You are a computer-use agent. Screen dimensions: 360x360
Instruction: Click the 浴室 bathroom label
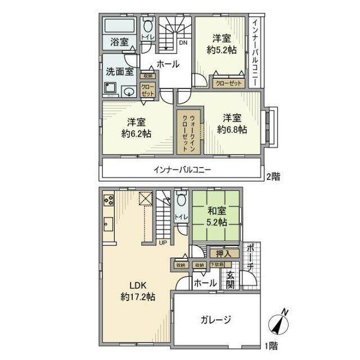point(119,41)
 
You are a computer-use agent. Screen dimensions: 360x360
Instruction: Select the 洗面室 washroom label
point(119,71)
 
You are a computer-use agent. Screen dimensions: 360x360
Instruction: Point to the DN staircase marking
point(183,43)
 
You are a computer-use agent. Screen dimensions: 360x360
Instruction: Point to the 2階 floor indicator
point(273,176)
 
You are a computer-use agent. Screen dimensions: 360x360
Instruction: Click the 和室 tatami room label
point(215,212)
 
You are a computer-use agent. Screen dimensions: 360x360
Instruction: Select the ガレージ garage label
point(215,320)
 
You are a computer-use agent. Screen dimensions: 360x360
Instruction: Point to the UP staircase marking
point(163,243)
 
